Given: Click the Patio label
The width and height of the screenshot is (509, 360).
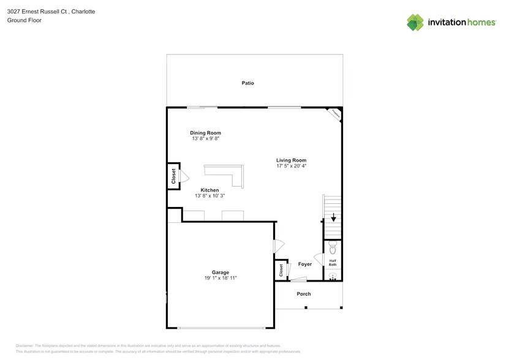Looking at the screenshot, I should click(x=247, y=83).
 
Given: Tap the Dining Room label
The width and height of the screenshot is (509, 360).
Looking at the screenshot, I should click(x=205, y=133).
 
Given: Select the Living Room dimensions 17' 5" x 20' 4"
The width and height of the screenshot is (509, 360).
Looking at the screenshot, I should click(x=291, y=166).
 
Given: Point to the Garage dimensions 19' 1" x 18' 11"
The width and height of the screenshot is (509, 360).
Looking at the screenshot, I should click(x=221, y=278).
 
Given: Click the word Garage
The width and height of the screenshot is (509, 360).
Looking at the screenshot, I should click(x=221, y=272).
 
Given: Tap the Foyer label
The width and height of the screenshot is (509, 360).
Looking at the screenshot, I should click(x=304, y=264).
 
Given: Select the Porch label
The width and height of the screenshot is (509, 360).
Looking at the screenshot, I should click(x=304, y=294).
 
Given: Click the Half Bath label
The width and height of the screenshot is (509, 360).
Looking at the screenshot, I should click(x=333, y=262).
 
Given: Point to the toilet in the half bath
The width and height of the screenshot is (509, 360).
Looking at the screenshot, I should click(x=333, y=247).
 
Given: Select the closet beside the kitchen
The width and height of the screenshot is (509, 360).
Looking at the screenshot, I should click(x=173, y=177).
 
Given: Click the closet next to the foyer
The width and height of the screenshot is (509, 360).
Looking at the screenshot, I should click(x=281, y=270).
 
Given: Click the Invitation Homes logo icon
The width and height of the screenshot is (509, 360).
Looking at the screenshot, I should click(x=415, y=22).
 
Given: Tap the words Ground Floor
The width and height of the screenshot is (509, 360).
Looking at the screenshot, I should click(x=21, y=20).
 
